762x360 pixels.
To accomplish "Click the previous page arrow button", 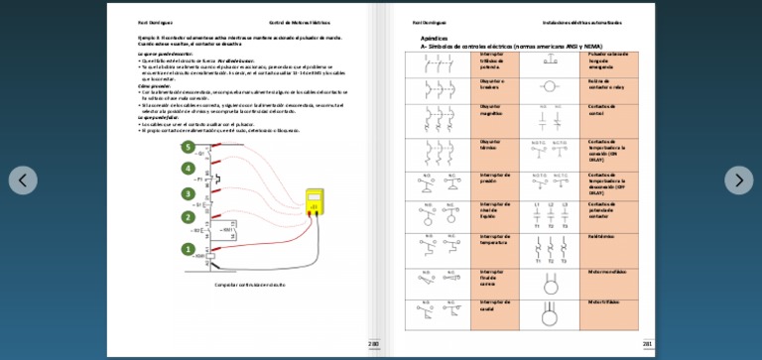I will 23,180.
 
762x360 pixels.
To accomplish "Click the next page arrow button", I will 738,180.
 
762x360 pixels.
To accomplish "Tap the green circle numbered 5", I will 188,147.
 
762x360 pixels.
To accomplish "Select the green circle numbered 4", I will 188,171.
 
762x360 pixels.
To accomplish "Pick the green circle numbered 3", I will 188,194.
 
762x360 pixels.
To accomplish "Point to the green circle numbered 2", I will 188,217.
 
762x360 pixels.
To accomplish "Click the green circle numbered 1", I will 188,249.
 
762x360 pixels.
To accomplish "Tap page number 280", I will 373,344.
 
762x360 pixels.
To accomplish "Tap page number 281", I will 647,344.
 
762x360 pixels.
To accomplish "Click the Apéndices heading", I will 435,38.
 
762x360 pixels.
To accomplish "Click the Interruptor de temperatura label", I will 495,239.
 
